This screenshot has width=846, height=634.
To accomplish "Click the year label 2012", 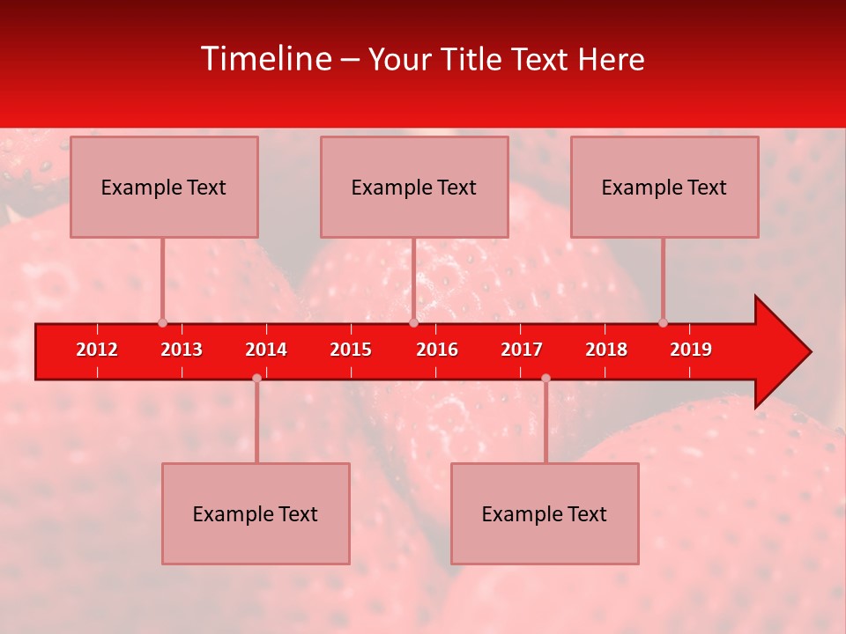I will point(97,350).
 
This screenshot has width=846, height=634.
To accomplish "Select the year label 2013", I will point(182,350).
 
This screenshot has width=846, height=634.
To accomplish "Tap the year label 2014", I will point(266,350).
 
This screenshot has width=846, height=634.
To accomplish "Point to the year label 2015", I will point(351,350).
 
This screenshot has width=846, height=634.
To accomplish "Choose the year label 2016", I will point(437,350).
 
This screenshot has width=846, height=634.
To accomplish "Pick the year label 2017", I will point(522,350).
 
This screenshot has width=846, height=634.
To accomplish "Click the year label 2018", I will point(606,350).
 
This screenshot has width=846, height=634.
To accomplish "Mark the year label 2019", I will point(691,350).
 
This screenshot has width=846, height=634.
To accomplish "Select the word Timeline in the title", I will point(265,59).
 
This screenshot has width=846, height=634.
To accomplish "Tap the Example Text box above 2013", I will point(164,187).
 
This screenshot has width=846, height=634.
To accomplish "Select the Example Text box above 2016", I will point(414,187).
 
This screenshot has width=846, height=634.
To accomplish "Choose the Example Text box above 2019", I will point(664,187).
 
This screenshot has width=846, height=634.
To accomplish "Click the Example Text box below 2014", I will point(256,513).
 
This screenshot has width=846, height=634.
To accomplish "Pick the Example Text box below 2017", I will point(545,513).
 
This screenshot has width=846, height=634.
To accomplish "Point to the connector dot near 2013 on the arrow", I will point(162,322).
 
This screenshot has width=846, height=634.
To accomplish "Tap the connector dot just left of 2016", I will point(413,322).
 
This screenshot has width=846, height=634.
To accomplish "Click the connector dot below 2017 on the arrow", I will point(545,379).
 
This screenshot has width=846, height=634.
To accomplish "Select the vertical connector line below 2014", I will point(256,423).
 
